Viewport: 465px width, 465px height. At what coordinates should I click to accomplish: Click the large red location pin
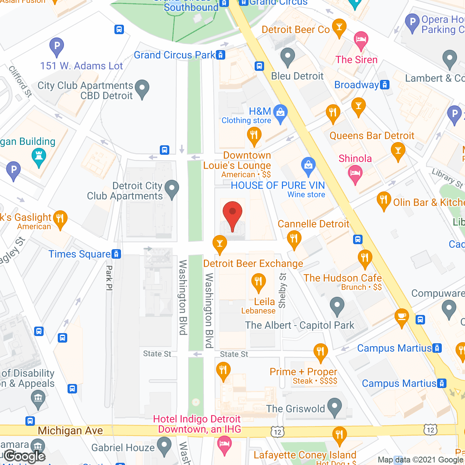[232, 214]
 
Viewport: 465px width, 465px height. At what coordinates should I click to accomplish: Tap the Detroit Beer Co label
[295, 30]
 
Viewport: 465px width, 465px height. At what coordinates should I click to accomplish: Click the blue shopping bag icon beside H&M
[280, 113]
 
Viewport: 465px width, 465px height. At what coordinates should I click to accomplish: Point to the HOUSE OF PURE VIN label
[278, 185]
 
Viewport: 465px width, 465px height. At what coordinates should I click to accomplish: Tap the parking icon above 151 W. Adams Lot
[57, 46]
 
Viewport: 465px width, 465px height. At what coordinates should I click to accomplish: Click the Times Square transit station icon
[116, 254]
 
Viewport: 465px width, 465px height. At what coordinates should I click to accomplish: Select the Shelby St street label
[283, 290]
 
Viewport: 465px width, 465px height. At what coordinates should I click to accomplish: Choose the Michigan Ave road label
[70, 431]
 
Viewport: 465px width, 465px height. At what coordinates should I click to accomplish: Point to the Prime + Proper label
[303, 372]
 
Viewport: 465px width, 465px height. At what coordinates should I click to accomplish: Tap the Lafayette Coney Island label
[305, 455]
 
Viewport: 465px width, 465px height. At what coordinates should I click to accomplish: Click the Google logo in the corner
[25, 456]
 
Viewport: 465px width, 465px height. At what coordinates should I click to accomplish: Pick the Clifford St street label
[20, 81]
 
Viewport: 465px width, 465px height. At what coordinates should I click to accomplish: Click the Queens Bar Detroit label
[372, 136]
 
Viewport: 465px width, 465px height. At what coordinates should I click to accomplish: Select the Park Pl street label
[109, 278]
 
